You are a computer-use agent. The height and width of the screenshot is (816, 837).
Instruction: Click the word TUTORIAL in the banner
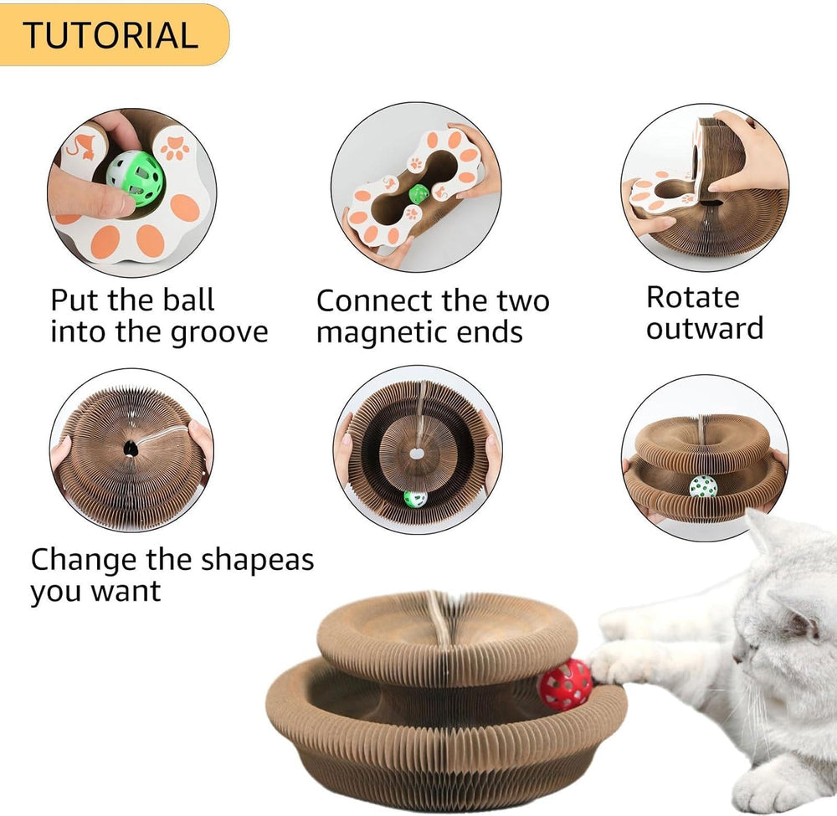pyautogui.click(x=110, y=35)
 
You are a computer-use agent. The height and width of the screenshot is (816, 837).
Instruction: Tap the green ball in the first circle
pyautogui.click(x=135, y=178)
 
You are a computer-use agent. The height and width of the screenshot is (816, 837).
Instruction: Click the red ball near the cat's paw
pyautogui.click(x=564, y=684)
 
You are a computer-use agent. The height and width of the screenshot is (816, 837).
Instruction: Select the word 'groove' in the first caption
pyautogui.click(x=220, y=331)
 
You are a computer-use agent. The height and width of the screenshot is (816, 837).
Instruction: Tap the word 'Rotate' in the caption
pyautogui.click(x=693, y=297)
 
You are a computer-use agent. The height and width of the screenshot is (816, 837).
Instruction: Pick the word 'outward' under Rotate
pyautogui.click(x=705, y=328)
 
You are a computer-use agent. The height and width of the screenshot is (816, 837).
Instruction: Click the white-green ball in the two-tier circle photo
pyautogui.click(x=702, y=486)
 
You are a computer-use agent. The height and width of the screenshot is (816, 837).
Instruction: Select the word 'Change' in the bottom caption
pyautogui.click(x=84, y=559)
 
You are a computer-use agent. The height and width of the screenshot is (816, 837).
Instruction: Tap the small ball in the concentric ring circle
pyautogui.click(x=415, y=499)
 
